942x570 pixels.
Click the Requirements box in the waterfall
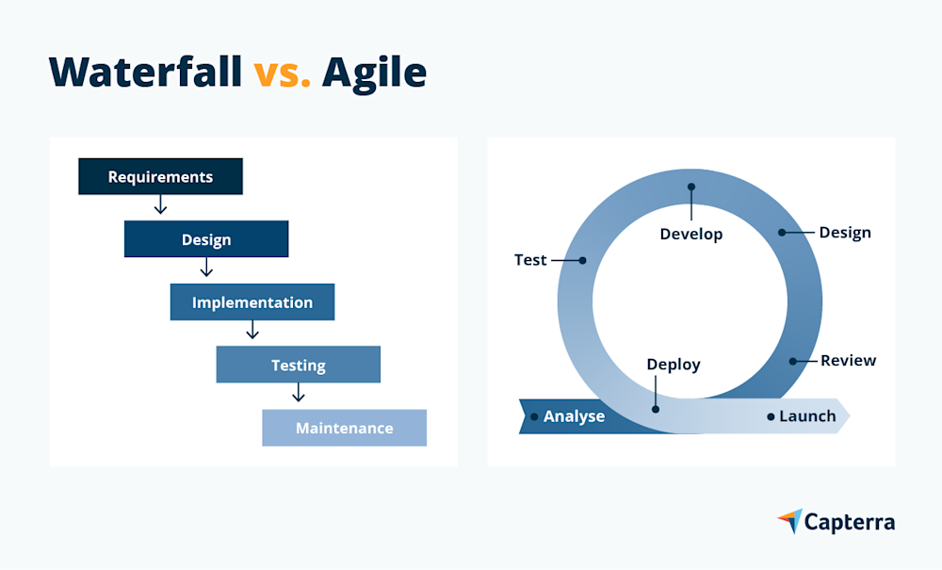tap(160, 176)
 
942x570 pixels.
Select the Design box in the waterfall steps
tap(205, 239)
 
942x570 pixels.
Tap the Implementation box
tap(252, 302)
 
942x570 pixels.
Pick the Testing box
tap(298, 365)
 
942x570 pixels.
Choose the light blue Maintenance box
tap(344, 428)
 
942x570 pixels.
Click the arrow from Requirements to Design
tap(160, 204)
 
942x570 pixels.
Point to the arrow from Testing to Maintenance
tap(298, 393)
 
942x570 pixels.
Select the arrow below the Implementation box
tap(252, 331)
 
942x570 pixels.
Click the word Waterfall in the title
tap(146, 72)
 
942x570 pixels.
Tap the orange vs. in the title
tap(282, 72)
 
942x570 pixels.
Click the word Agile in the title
tap(374, 72)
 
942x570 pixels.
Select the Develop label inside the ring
tap(690, 234)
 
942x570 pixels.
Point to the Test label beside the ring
tap(530, 260)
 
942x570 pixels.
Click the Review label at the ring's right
tap(848, 360)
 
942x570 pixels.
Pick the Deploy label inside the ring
tap(674, 364)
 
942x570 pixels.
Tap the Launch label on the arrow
tap(807, 415)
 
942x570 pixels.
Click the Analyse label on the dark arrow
tap(574, 415)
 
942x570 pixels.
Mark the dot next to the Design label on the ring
tap(781, 232)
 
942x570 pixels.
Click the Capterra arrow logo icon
tap(789, 521)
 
